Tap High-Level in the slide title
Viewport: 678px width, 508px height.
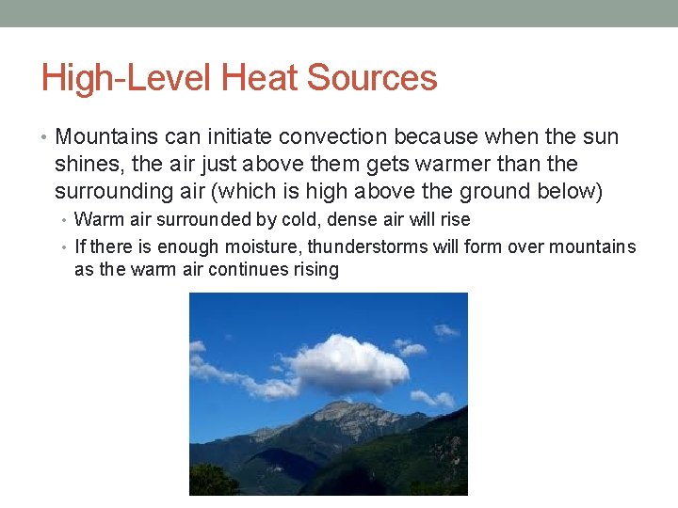[123, 77]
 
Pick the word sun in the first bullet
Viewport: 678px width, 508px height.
[602, 137]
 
